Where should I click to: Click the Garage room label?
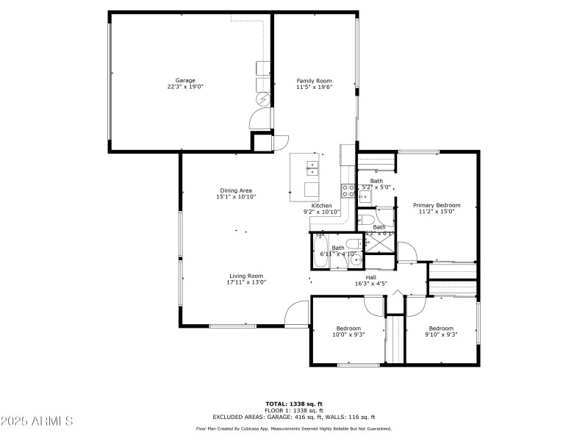[x=185, y=80]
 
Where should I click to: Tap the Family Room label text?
[x=314, y=80]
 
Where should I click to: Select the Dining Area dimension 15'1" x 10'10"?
[x=236, y=197]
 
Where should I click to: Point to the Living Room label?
[x=246, y=276]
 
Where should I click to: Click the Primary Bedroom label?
[x=437, y=205]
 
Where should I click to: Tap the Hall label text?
[x=371, y=277]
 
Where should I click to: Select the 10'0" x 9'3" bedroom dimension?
[x=348, y=334]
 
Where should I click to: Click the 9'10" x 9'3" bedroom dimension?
[x=441, y=334]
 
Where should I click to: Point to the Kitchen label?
[x=321, y=206]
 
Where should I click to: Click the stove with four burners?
[x=348, y=191]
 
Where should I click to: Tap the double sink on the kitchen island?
[x=312, y=169]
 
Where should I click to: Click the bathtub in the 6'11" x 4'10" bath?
[x=320, y=252]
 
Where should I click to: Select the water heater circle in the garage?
[x=262, y=98]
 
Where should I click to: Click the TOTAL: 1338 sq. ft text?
[x=294, y=404]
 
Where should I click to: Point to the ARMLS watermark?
[x=37, y=421]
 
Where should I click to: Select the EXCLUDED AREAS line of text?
[x=294, y=417]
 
